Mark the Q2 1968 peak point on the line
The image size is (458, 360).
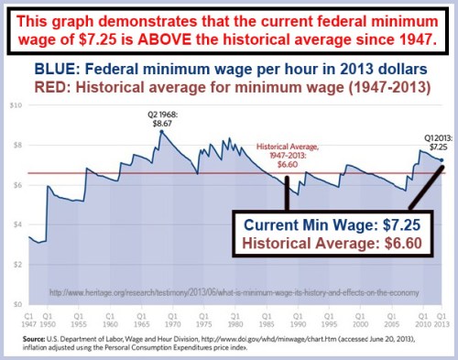click(x=161, y=132)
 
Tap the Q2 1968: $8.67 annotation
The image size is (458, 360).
click(x=161, y=116)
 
